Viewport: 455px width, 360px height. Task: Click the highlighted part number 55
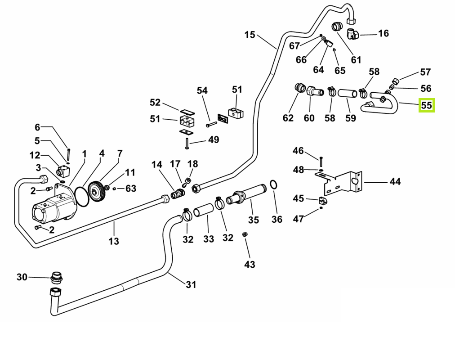[426, 106]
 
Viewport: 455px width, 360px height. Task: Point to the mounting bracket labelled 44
[342, 182]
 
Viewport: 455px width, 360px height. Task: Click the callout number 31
[191, 284]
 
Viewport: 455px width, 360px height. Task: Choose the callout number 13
[114, 241]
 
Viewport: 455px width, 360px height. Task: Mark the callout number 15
[250, 35]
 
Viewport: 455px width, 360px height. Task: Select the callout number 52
[155, 103]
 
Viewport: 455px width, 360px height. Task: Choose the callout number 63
[131, 188]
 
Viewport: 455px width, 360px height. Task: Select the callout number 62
[288, 118]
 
